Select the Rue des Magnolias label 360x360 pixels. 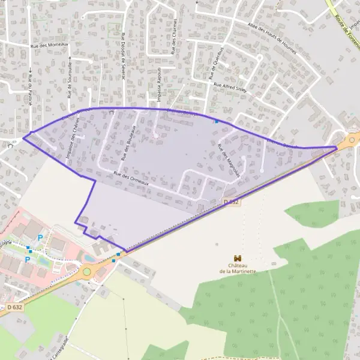[230, 158]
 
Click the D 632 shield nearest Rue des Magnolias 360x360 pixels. [232, 203]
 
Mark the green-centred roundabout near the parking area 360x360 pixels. [87, 272]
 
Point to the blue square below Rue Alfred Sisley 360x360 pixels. [217, 121]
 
